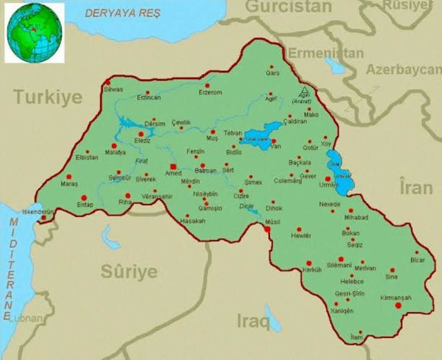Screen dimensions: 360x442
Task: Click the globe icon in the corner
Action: pos(34,32)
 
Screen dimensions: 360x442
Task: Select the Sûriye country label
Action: pos(129,272)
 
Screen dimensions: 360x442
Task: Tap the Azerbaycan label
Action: pos(403,70)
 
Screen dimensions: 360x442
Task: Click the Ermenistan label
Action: pos(325,53)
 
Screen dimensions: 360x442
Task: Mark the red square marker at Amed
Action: pos(173,166)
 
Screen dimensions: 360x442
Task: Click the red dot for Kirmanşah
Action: pos(398,305)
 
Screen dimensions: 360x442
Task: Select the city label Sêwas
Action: pos(113,90)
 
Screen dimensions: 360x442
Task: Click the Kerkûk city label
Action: pos(312,269)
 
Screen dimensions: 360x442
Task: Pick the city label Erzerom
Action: pos(210,93)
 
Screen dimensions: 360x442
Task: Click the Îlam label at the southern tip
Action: pos(356,336)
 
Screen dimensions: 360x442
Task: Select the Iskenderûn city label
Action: pos(37,211)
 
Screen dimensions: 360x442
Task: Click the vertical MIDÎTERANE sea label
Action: pos(11,266)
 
